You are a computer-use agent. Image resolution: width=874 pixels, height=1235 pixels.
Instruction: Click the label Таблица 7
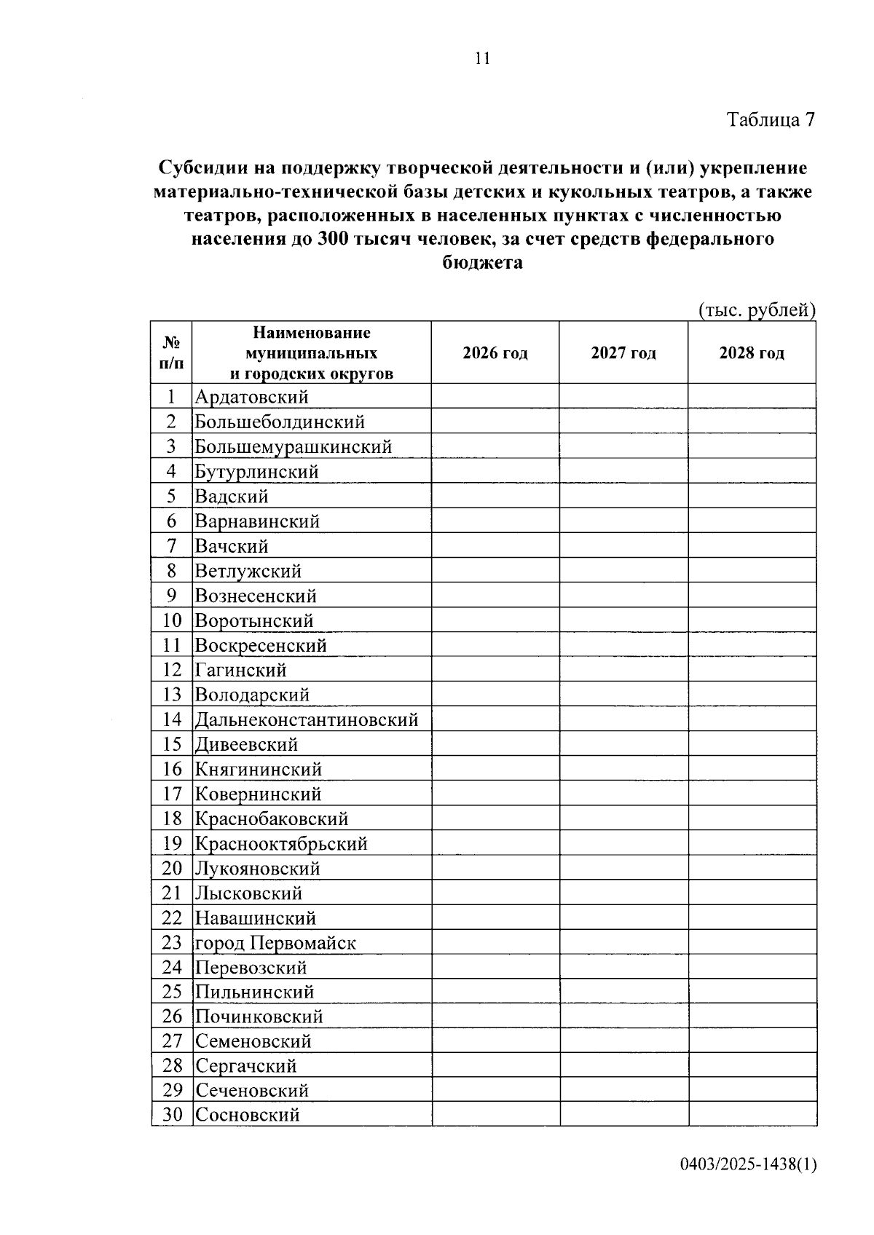770,120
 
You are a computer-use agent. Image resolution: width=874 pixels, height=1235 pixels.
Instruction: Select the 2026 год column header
495,353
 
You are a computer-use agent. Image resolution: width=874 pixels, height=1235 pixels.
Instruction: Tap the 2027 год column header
623,353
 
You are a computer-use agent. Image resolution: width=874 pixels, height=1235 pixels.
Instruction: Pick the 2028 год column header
752,353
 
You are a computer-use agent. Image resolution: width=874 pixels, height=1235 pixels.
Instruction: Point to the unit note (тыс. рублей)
757,310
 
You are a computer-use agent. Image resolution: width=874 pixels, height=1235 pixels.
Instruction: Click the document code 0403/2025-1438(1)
749,1164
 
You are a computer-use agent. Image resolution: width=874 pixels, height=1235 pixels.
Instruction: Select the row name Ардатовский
251,397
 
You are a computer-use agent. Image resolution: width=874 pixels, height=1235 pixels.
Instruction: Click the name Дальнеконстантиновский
307,719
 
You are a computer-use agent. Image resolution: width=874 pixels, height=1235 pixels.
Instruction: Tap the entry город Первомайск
275,943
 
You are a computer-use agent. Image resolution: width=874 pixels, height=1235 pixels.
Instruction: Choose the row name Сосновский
248,1114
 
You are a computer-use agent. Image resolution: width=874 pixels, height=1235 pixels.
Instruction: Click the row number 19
172,843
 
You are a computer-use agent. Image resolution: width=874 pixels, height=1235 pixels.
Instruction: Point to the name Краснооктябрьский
281,843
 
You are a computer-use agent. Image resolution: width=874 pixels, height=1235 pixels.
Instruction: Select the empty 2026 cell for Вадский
495,496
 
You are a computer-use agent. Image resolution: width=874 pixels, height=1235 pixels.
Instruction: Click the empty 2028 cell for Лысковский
752,893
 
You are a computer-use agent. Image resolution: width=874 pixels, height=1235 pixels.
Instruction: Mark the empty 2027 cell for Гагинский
623,669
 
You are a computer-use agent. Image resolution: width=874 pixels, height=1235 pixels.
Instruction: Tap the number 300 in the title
332,239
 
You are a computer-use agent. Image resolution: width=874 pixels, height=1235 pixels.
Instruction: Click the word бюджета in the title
483,263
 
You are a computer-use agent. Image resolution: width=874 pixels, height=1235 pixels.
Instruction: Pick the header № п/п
172,352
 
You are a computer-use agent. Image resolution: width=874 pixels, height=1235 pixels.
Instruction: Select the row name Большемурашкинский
294,446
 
